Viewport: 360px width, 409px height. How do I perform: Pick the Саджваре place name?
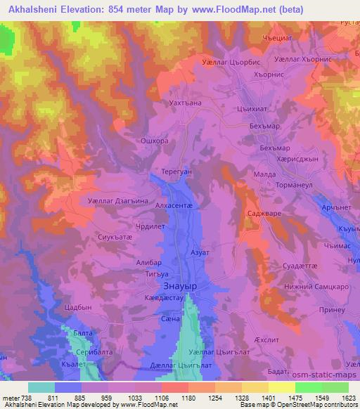click(265, 212)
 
